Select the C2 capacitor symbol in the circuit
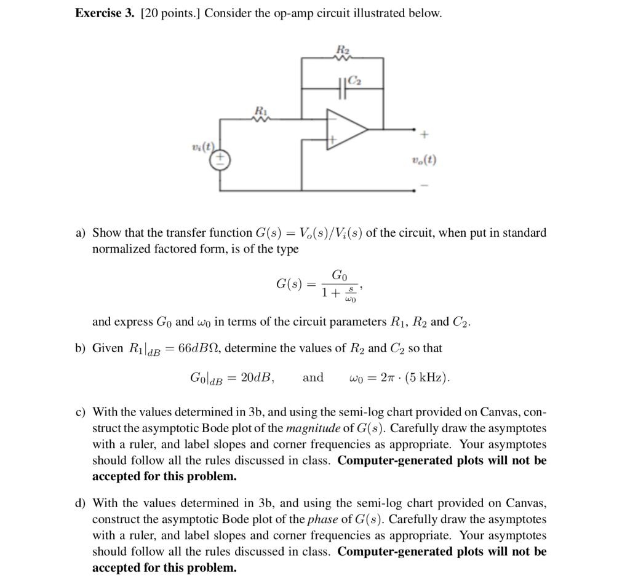tap(343, 90)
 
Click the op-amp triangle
tap(345, 130)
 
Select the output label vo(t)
tap(425, 160)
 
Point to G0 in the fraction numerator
tap(339, 274)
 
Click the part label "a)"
tap(81, 233)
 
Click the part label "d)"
tap(81, 503)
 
